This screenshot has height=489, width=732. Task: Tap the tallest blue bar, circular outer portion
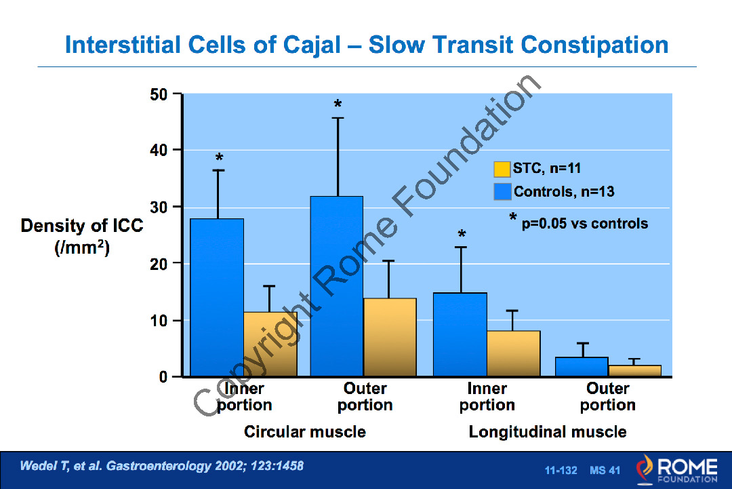click(337, 286)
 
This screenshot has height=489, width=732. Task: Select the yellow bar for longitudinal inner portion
click(513, 353)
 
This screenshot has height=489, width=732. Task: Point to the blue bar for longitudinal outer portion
click(581, 366)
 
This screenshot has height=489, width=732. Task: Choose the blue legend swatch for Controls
click(502, 191)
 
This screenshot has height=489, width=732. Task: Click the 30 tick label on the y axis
click(160, 207)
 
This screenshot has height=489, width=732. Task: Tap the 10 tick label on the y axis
click(160, 320)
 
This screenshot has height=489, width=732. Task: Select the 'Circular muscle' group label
click(304, 432)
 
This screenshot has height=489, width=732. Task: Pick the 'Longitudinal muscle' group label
click(547, 432)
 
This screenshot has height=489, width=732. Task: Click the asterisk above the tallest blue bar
click(338, 105)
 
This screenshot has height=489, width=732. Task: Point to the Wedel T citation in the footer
click(161, 466)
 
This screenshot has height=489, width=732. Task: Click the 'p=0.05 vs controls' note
click(584, 223)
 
